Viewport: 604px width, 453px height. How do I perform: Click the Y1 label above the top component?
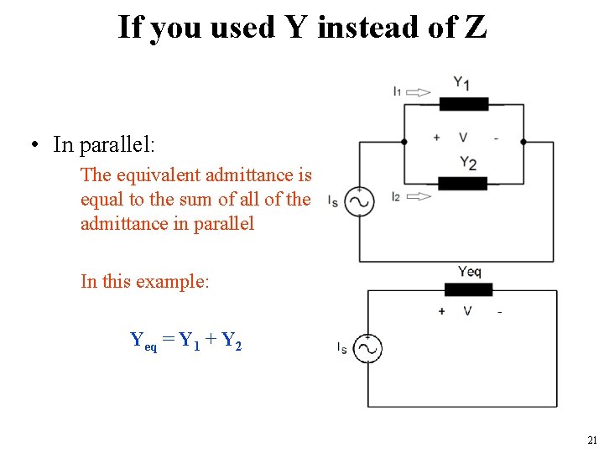[x=461, y=83]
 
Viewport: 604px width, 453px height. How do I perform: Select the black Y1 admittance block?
[x=463, y=104]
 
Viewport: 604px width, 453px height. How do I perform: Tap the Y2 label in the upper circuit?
[x=468, y=163]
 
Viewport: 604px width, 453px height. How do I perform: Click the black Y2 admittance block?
[x=463, y=184]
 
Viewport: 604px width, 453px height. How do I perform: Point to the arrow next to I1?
[x=419, y=92]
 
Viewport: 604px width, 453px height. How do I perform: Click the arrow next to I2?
[x=419, y=196]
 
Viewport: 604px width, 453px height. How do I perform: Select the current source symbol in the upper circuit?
[x=359, y=201]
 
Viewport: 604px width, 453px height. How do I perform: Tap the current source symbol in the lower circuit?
[x=367, y=348]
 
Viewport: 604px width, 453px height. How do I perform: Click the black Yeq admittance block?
[x=468, y=289]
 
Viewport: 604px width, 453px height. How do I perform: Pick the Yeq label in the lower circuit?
[x=470, y=271]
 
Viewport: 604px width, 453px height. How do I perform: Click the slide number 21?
[x=592, y=440]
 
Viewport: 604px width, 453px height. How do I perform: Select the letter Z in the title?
[x=475, y=27]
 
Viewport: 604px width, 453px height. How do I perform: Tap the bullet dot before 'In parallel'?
[x=35, y=146]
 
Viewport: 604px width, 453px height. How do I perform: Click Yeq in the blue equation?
[x=143, y=341]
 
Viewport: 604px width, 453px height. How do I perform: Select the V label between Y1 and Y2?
[x=463, y=138]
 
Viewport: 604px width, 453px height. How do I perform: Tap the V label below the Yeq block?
[x=467, y=311]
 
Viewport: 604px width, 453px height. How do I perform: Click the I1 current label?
[x=397, y=91]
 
